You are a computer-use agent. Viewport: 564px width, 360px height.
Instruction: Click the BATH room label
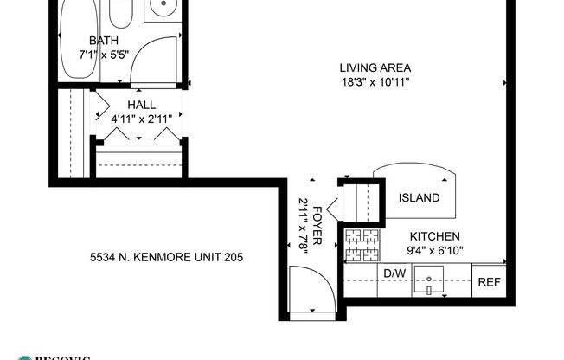tap(104, 40)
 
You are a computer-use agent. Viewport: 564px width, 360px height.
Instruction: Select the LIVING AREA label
tap(375, 68)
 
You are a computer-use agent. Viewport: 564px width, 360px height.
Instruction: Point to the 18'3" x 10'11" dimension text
tap(375, 83)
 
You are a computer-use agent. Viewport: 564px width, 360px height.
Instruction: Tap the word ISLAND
tap(419, 198)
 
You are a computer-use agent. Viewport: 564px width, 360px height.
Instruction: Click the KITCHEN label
tap(434, 236)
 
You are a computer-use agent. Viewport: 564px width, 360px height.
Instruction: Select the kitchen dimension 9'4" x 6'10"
tap(435, 251)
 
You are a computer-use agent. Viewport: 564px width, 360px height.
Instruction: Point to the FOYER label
tap(317, 227)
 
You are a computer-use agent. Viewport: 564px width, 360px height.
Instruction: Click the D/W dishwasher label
tap(394, 274)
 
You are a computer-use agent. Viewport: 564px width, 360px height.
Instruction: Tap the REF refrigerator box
tap(489, 281)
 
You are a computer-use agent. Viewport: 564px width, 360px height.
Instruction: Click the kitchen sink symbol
tap(429, 280)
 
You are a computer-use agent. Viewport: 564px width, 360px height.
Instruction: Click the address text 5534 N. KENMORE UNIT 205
tap(166, 257)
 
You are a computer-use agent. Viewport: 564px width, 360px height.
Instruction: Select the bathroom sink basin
tap(159, 9)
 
